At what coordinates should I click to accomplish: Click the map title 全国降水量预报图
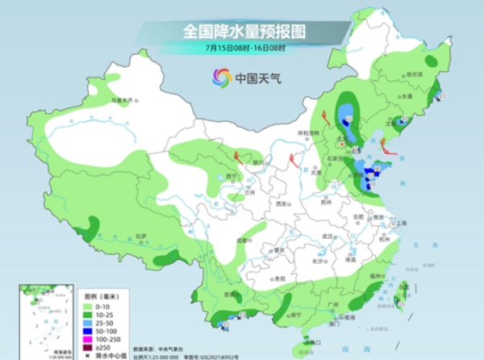[241, 31]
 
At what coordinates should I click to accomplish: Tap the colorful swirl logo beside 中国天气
[220, 78]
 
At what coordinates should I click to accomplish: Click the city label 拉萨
[141, 235]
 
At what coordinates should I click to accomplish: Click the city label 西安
[282, 205]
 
